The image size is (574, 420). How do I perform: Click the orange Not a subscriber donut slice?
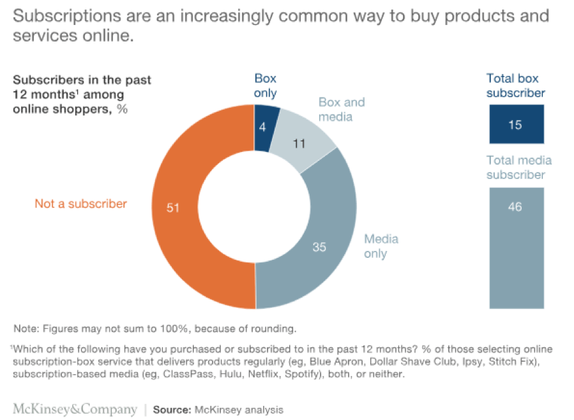pyautogui.click(x=185, y=211)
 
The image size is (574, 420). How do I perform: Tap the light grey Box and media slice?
pyautogui.click(x=299, y=137)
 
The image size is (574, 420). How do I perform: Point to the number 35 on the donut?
pyautogui.click(x=319, y=246)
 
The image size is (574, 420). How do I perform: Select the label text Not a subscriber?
pyautogui.click(x=80, y=204)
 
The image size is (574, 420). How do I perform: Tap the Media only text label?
pyautogui.click(x=381, y=246)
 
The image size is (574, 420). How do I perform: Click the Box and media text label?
pyautogui.click(x=342, y=109)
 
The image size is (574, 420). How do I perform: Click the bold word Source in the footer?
pyautogui.click(x=172, y=409)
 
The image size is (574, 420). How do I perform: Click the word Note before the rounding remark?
pyautogui.click(x=26, y=329)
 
